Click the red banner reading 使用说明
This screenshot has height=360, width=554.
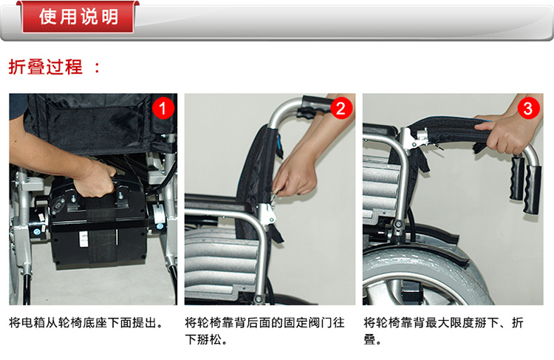click(x=78, y=16)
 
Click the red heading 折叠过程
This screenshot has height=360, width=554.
click(x=46, y=67)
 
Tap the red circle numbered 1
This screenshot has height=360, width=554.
click(x=163, y=108)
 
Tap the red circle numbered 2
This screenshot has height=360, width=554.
click(x=341, y=108)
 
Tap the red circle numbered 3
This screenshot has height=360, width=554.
click(x=528, y=108)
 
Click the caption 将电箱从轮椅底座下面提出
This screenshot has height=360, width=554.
click(x=86, y=322)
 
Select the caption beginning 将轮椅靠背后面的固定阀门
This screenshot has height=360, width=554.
click(x=264, y=331)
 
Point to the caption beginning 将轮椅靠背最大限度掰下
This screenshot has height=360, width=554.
click(x=444, y=331)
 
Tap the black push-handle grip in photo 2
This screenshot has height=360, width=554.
click(x=316, y=106)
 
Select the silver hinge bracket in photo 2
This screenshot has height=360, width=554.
click(x=267, y=214)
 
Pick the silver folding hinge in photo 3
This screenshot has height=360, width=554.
click(x=415, y=139)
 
